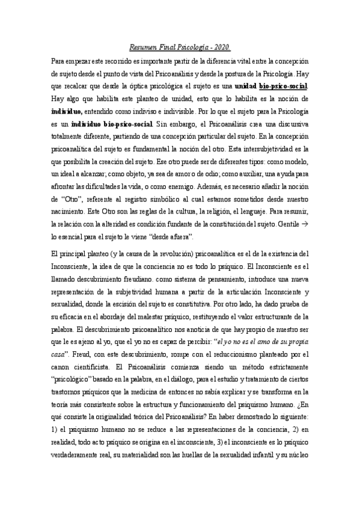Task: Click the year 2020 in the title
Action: pos(222,48)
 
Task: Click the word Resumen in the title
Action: pos(144,48)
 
